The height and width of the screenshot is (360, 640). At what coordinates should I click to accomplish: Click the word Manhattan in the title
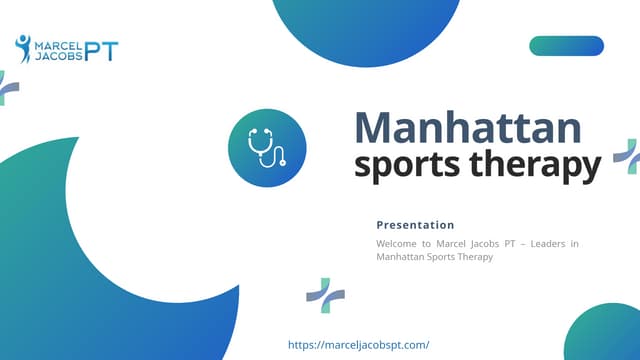tap(468, 128)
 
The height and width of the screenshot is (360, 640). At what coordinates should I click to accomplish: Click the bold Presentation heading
tap(415, 225)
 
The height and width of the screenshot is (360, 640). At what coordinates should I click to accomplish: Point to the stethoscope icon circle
tap(267, 149)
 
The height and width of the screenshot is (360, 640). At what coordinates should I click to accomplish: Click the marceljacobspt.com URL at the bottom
tap(358, 344)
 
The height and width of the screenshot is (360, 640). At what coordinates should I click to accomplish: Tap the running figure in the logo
tap(23, 47)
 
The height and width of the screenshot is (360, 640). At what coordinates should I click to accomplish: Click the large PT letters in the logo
tap(101, 51)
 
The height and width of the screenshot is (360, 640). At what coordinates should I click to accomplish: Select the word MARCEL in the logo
tap(59, 45)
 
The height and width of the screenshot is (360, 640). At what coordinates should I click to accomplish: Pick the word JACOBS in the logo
tap(58, 57)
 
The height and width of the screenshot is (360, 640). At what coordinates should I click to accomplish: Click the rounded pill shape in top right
tap(566, 45)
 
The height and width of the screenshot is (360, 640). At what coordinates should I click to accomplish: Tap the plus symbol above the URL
tap(325, 296)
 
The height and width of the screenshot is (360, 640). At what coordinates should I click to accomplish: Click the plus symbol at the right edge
tap(627, 155)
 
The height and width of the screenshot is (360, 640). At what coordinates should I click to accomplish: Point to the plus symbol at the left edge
tap(7, 88)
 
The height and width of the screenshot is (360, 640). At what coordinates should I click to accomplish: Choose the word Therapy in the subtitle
tap(475, 257)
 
